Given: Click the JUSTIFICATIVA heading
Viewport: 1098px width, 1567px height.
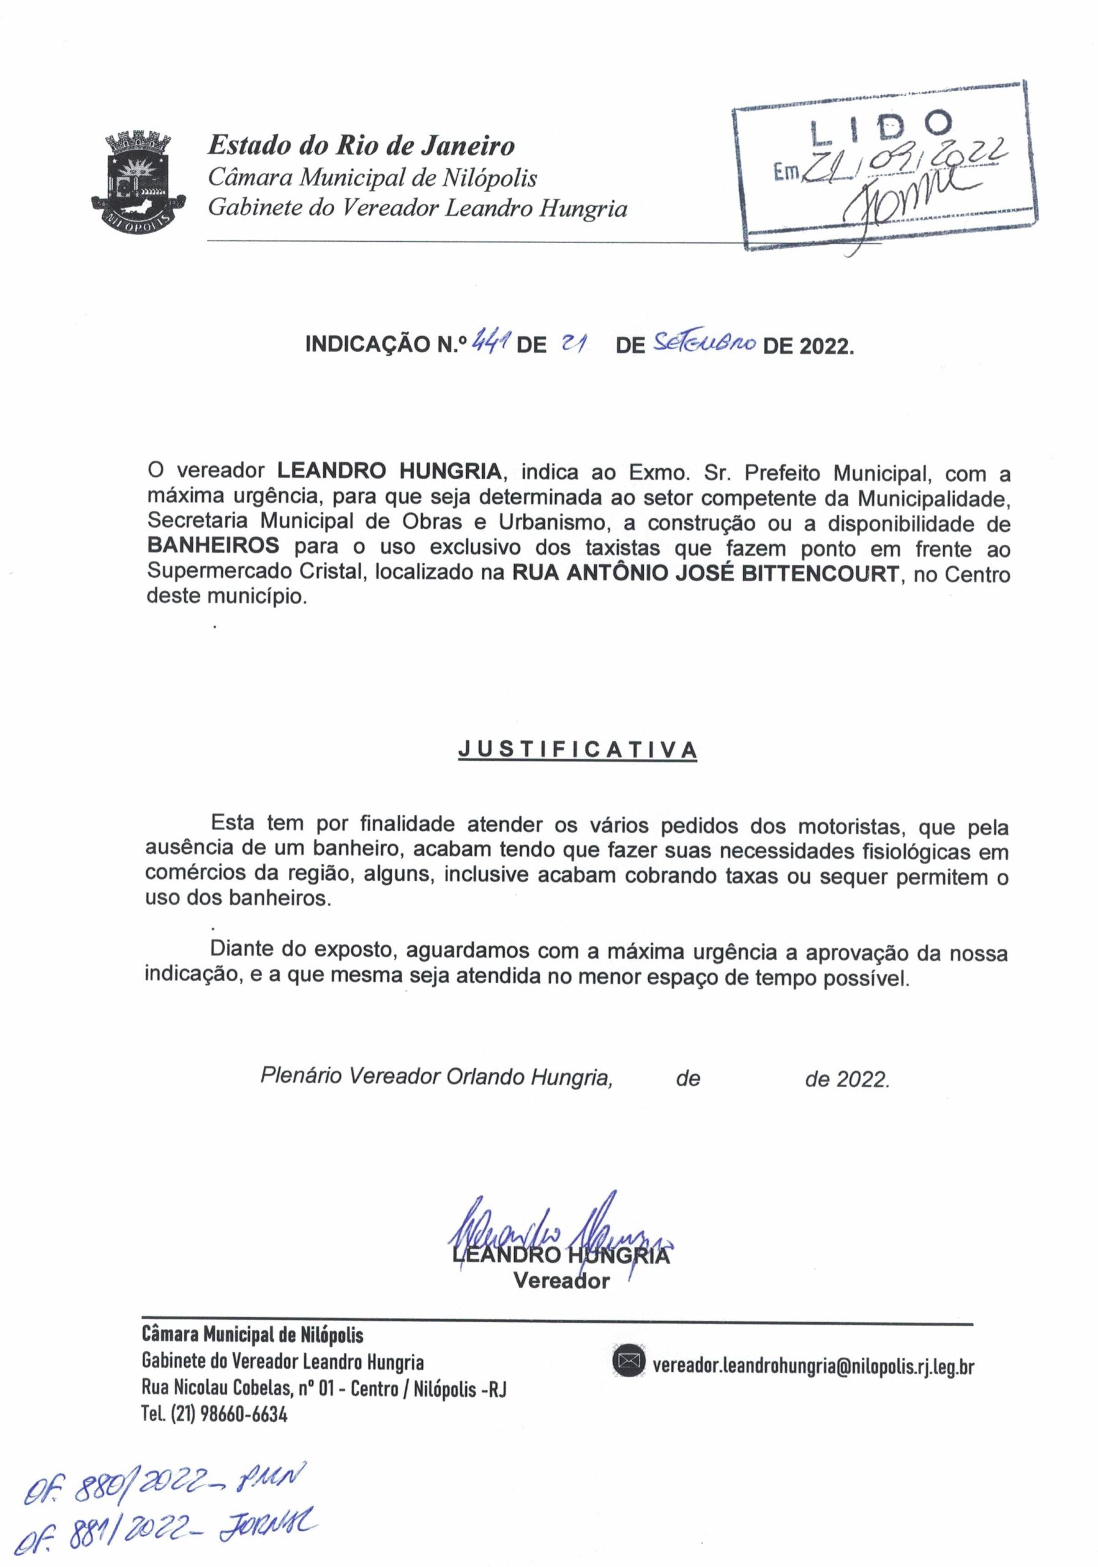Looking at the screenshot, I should tap(577, 750).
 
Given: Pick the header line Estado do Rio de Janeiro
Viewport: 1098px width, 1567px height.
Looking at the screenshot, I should tap(361, 145).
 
